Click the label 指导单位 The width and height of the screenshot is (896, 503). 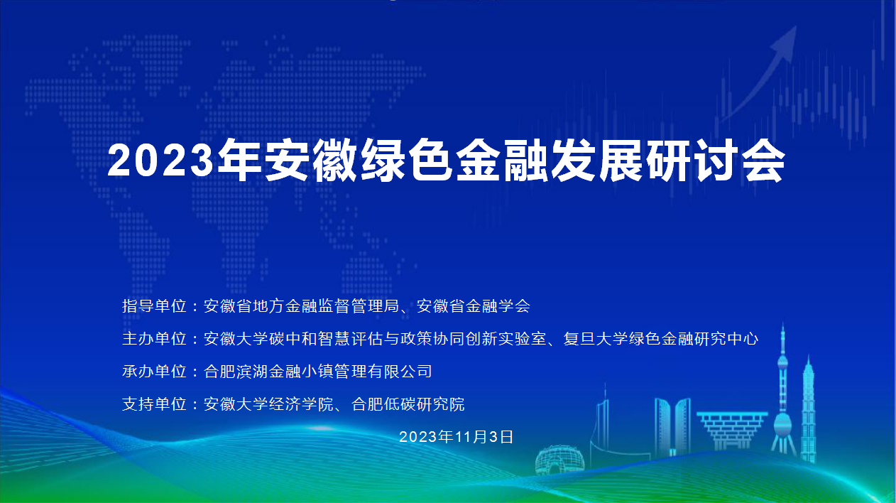pyautogui.click(x=154, y=306)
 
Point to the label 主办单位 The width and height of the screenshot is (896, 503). pyautogui.click(x=154, y=339)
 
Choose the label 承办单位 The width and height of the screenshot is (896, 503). pyautogui.click(x=154, y=372)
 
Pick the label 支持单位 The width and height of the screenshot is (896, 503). pyautogui.click(x=154, y=404)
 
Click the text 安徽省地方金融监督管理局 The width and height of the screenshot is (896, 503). pyautogui.click(x=302, y=306)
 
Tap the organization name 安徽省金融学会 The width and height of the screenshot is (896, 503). pyautogui.click(x=474, y=306)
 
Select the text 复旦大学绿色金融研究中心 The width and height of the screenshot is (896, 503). pyautogui.click(x=661, y=339)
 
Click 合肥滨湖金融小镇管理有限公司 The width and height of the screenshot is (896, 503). pyautogui.click(x=318, y=372)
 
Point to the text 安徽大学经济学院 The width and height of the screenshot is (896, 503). pyautogui.click(x=269, y=404)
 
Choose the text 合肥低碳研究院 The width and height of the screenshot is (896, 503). pyautogui.click(x=408, y=404)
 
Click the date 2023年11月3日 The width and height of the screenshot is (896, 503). pyautogui.click(x=457, y=437)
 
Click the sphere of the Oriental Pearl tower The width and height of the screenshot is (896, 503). pyautogui.click(x=782, y=426)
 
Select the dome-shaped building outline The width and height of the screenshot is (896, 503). pyautogui.click(x=560, y=460)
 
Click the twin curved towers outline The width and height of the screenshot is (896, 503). pyautogui.click(x=672, y=426)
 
